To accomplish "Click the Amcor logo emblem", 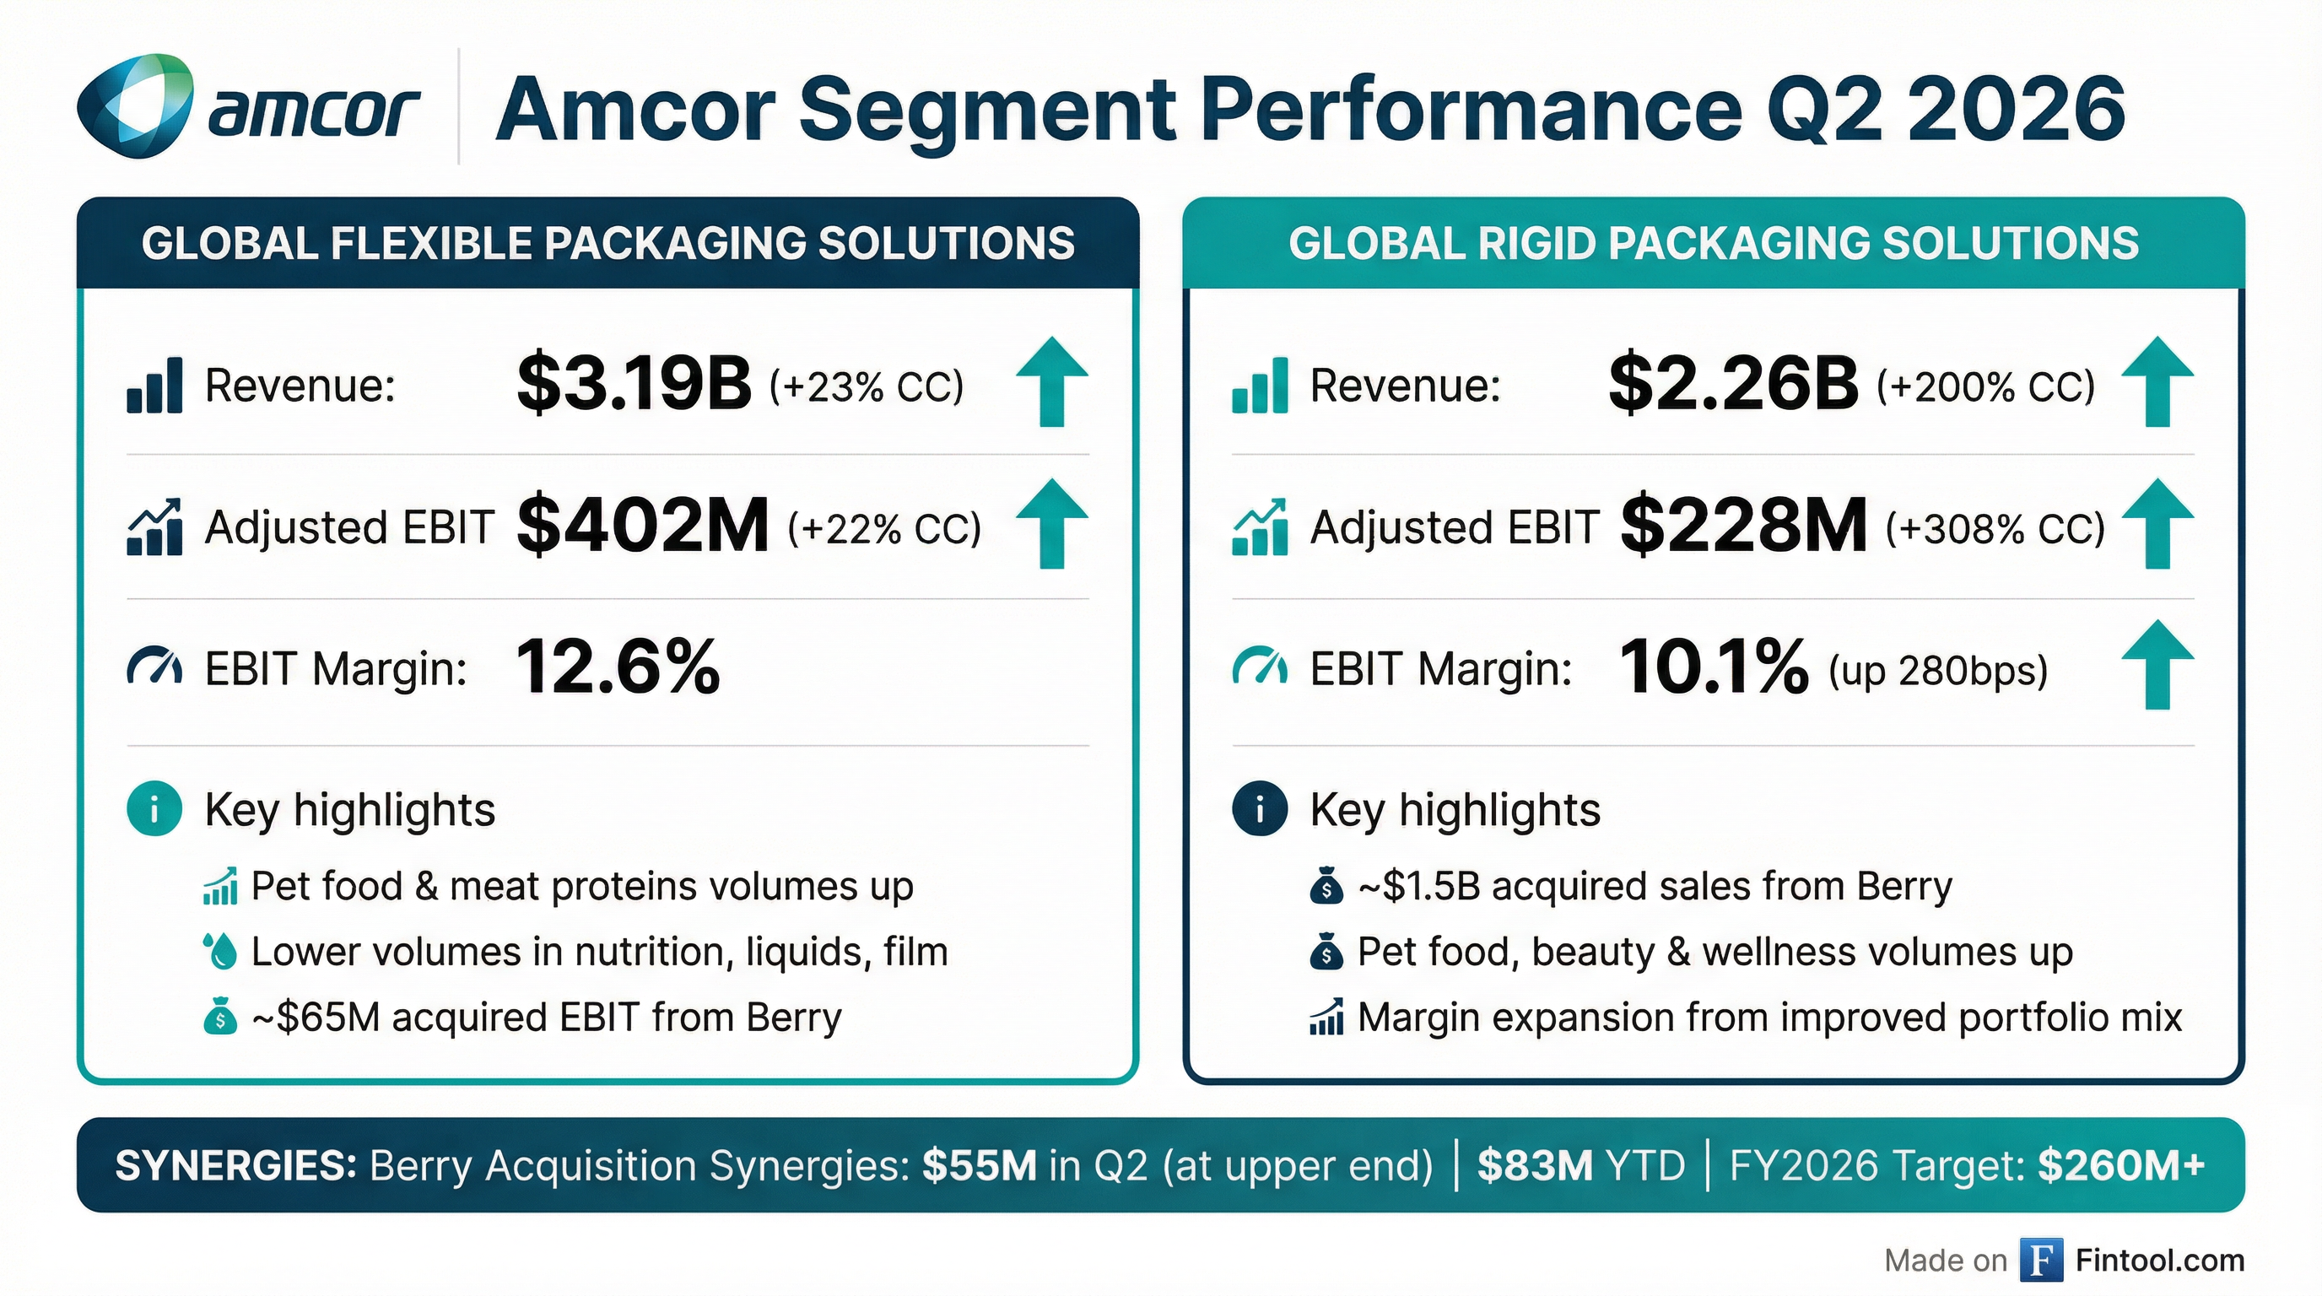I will pyautogui.click(x=135, y=106).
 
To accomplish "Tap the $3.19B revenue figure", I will pyautogui.click(x=634, y=384).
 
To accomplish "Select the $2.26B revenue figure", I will pyautogui.click(x=1732, y=384).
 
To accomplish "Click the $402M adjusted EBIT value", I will pyautogui.click(x=643, y=526).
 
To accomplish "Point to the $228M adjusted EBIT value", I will pyautogui.click(x=1743, y=526).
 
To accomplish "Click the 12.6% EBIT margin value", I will pyautogui.click(x=618, y=667).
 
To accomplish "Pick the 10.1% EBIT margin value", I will pyautogui.click(x=1714, y=667).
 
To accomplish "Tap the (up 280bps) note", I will pyautogui.click(x=1938, y=672).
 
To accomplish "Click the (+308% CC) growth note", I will pyautogui.click(x=1995, y=529).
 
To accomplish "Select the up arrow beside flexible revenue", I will pyautogui.click(x=1051, y=382).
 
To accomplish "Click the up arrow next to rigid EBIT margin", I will pyautogui.click(x=2156, y=665).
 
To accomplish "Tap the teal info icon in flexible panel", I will pyautogui.click(x=154, y=808).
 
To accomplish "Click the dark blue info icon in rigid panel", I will pyautogui.click(x=1259, y=808).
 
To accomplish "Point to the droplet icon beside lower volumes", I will pyautogui.click(x=220, y=951).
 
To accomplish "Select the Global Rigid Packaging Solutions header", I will pyautogui.click(x=1713, y=243).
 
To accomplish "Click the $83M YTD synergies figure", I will pyautogui.click(x=1580, y=1165).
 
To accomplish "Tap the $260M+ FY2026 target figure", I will pyautogui.click(x=2121, y=1165).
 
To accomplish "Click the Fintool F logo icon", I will pyautogui.click(x=2041, y=1260).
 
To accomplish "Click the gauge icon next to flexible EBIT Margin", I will pyautogui.click(x=154, y=667).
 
